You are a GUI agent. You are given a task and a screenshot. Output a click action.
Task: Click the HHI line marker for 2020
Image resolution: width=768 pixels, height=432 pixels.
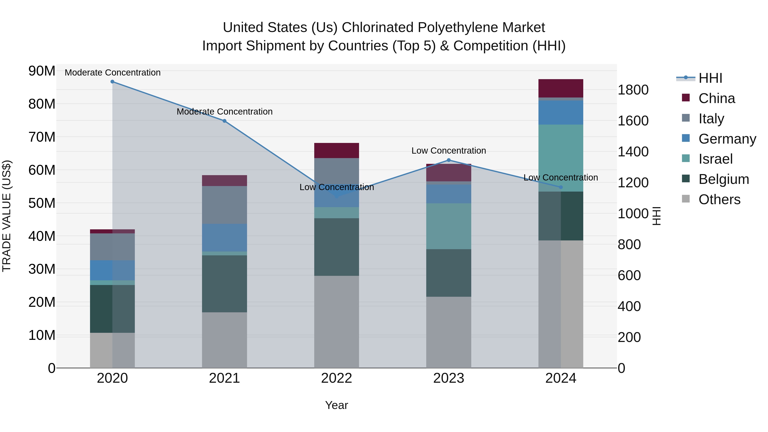112,82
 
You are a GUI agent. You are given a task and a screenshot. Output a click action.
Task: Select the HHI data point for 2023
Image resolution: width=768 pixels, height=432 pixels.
449,160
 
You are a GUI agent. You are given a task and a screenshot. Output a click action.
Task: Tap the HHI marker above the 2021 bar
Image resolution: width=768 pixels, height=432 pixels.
224,121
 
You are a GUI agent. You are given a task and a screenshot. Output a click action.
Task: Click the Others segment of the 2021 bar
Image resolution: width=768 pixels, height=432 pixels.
224,340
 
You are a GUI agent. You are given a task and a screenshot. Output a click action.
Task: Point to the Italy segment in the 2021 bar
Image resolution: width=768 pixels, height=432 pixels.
224,205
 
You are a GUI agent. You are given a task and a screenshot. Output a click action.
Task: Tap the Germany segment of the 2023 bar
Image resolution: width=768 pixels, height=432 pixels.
449,194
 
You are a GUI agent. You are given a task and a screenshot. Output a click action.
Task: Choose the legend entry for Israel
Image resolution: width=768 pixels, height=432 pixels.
715,159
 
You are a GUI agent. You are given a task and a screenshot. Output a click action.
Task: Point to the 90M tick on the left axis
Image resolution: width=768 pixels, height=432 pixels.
42,71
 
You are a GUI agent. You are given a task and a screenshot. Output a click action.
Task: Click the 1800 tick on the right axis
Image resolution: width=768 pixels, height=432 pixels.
633,90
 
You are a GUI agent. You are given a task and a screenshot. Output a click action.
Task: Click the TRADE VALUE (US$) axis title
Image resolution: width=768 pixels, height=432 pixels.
7,216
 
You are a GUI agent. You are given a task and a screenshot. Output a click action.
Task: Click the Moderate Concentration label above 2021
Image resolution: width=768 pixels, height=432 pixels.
224,112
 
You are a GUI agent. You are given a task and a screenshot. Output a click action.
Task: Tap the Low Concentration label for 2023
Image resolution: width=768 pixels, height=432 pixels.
449,151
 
